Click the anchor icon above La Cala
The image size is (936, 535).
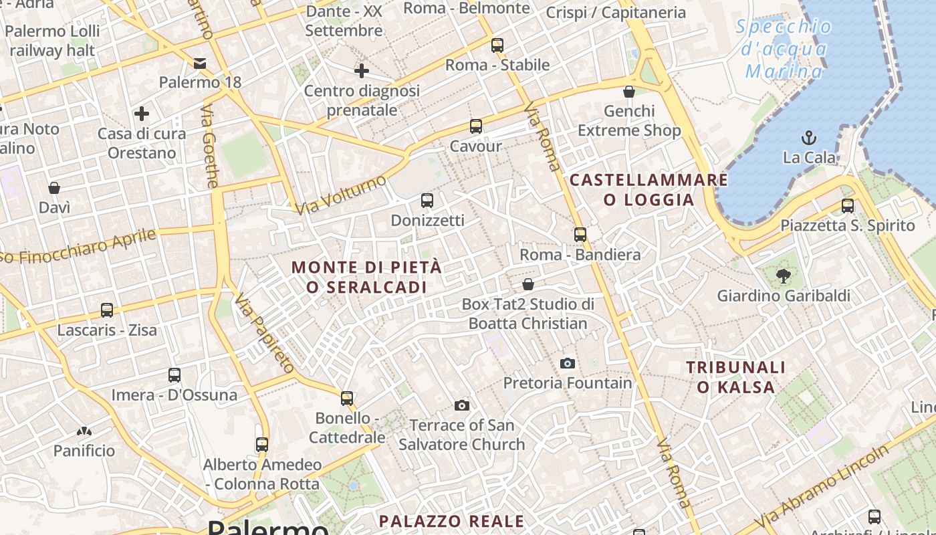[809, 138]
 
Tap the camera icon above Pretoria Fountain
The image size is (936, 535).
[568, 363]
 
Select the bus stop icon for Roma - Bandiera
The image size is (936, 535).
[580, 235]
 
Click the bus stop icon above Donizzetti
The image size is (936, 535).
[427, 200]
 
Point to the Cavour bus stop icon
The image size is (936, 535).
[476, 126]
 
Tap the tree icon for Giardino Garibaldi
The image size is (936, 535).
[783, 275]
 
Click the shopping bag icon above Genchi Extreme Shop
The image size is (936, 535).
[629, 92]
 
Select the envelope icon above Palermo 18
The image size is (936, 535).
[200, 64]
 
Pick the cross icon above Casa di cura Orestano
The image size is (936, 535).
[142, 114]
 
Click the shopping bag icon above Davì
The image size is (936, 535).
[54, 188]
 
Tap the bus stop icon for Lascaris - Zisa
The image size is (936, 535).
[107, 310]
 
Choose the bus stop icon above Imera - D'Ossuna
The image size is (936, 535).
[174, 375]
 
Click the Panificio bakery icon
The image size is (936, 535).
[84, 431]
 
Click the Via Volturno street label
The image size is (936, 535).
[341, 195]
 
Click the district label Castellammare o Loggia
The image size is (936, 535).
[649, 190]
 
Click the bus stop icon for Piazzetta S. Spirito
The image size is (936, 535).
[848, 206]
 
